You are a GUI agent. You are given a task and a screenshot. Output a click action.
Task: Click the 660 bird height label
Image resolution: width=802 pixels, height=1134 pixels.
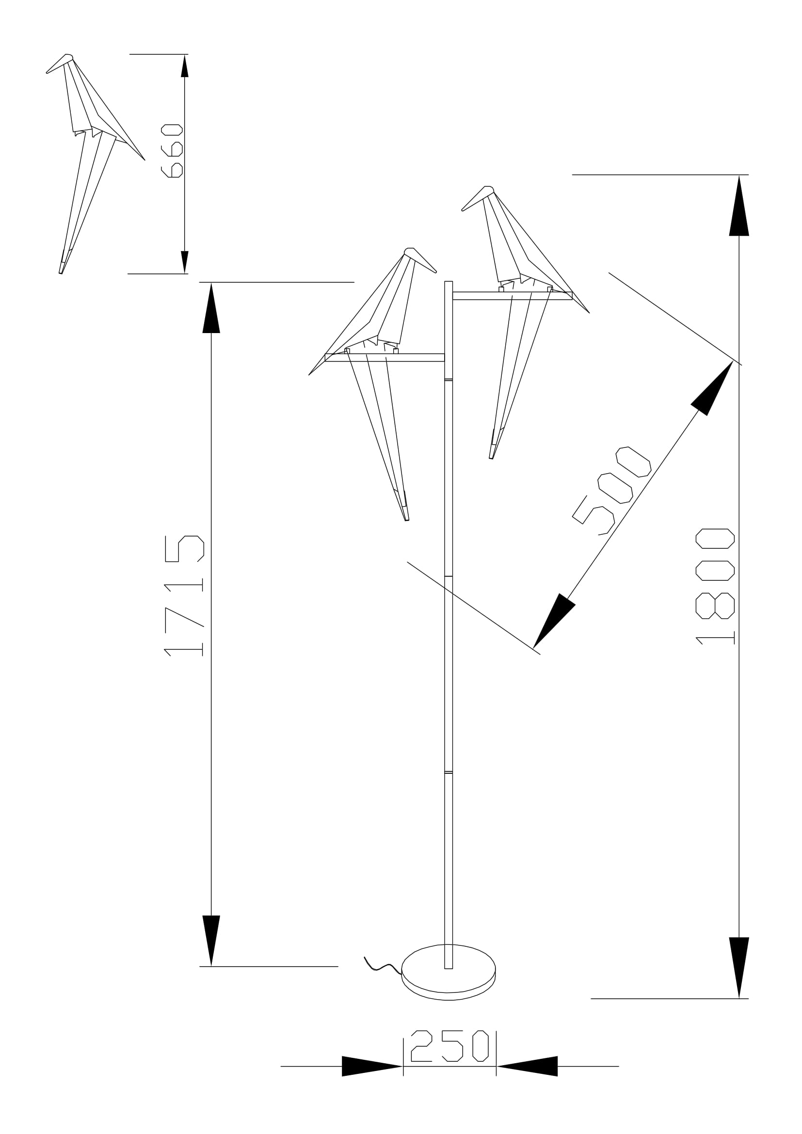click(172, 151)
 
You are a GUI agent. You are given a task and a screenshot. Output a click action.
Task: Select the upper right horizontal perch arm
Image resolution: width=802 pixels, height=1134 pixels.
click(512, 295)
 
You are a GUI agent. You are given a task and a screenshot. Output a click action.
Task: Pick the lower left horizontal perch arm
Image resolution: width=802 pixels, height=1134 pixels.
click(385, 358)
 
